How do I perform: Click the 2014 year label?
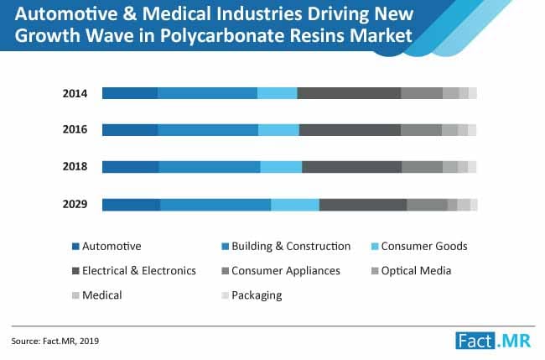(x=75, y=93)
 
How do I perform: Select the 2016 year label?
(x=75, y=130)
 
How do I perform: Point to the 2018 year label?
(x=75, y=167)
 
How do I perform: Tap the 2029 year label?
(x=75, y=205)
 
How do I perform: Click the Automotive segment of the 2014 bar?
(x=130, y=93)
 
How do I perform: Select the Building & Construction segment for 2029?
(x=215, y=205)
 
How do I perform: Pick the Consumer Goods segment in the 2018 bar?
(x=281, y=167)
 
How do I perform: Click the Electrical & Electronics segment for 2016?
(x=350, y=130)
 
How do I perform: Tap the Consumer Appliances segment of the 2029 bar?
(x=427, y=205)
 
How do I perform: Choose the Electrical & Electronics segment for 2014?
(x=349, y=93)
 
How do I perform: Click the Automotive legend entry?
(x=111, y=247)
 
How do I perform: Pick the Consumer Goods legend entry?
(x=423, y=247)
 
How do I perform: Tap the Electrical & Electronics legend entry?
(x=138, y=271)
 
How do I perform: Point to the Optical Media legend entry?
(x=416, y=271)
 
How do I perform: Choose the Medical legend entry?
(x=101, y=295)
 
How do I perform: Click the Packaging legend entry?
(x=256, y=295)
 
